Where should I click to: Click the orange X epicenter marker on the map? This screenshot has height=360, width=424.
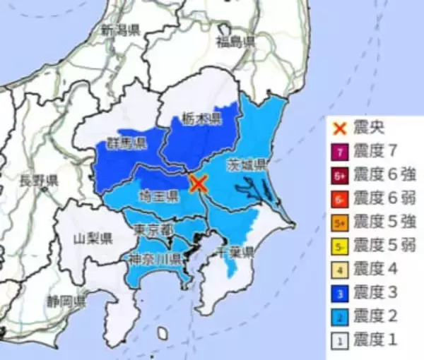coord(199,184)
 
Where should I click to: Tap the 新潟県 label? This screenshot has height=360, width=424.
coord(120,30)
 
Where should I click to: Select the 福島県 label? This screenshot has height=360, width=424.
coord(236,42)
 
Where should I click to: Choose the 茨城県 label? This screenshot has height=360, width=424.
coord(246,165)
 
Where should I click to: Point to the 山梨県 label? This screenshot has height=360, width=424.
coord(93,236)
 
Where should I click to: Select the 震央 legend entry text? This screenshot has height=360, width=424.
coord(372,129)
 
